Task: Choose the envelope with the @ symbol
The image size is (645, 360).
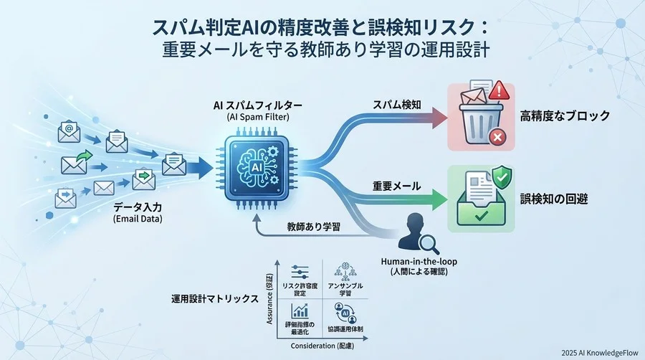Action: pos(69,131)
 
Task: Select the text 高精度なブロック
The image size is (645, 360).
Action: pos(565,115)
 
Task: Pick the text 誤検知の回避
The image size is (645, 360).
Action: pos(555,199)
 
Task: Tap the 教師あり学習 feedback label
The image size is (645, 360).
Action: pos(312,225)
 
